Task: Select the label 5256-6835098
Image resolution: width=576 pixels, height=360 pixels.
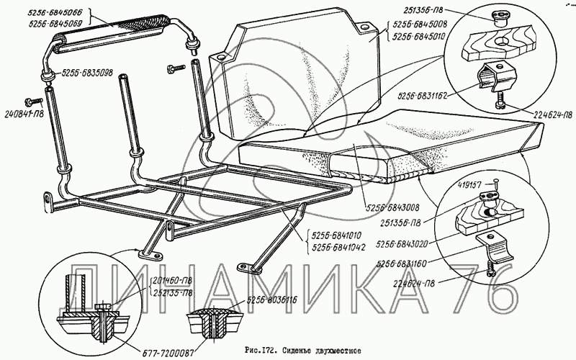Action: (91, 73)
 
